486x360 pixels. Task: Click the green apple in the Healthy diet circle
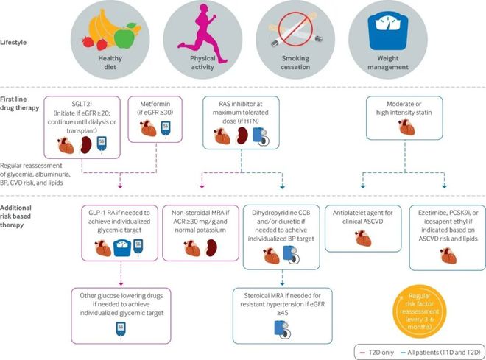point(124,37)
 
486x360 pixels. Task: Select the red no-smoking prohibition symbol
point(295,29)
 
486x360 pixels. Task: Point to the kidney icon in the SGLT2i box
point(86,145)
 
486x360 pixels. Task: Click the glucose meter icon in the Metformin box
point(166,129)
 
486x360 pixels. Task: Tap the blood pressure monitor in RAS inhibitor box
point(261,136)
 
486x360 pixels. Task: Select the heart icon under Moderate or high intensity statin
point(406,127)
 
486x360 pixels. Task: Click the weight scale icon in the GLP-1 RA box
point(122,248)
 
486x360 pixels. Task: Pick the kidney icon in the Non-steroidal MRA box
point(211,247)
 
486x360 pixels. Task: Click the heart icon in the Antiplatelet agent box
point(363,238)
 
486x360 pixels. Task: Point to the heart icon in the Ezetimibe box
point(448,255)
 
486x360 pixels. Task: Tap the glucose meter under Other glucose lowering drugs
point(121,329)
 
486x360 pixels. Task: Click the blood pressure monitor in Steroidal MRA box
point(283,330)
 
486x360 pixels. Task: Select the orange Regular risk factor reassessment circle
point(420,311)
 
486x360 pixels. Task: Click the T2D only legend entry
point(377,353)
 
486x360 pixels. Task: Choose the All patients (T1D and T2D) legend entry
point(440,353)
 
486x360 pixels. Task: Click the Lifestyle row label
point(13,43)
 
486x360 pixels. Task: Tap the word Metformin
point(155,104)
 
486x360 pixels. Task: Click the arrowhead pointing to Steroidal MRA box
point(282,283)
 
